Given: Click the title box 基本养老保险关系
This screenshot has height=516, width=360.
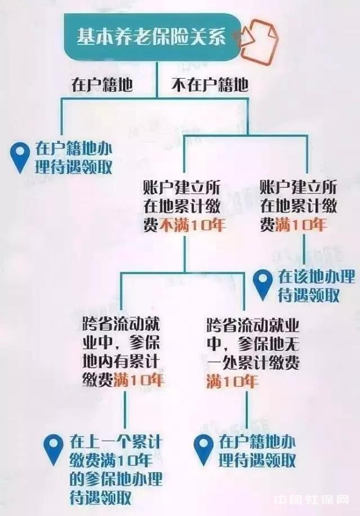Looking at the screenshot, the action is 151,37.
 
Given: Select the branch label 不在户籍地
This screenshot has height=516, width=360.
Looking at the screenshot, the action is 209,85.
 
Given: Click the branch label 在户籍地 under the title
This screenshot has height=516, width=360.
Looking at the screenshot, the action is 102,85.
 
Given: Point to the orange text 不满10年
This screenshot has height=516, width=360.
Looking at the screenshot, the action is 193,226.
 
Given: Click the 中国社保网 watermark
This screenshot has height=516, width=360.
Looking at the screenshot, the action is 312,500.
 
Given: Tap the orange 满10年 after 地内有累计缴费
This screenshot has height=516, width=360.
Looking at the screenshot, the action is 138,380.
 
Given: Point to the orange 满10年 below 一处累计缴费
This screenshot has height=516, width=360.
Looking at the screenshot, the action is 232,381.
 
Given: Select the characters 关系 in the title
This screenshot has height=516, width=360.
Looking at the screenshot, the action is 210,37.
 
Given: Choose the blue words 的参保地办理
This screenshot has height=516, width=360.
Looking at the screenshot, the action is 116,479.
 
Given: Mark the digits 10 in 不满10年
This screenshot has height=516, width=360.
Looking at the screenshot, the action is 201,226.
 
